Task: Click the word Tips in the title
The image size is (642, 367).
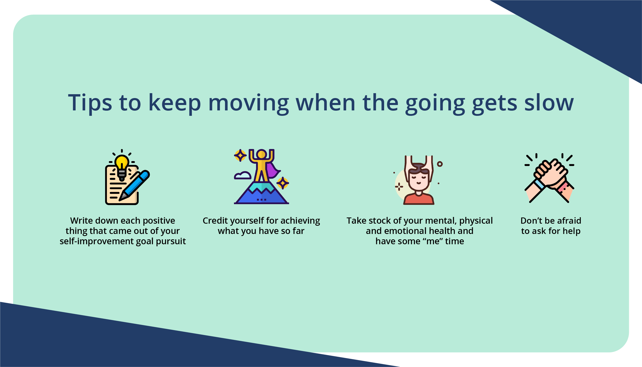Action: pos(90,103)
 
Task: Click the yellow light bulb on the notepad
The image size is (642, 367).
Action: pos(122,162)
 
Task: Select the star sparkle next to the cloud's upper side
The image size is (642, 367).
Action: pos(240,155)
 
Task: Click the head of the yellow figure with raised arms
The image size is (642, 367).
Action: pos(261,154)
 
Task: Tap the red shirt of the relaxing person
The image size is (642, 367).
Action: pos(419,199)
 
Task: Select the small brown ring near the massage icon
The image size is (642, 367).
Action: pos(440,164)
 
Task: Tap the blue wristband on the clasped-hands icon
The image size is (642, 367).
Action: pos(539,184)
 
